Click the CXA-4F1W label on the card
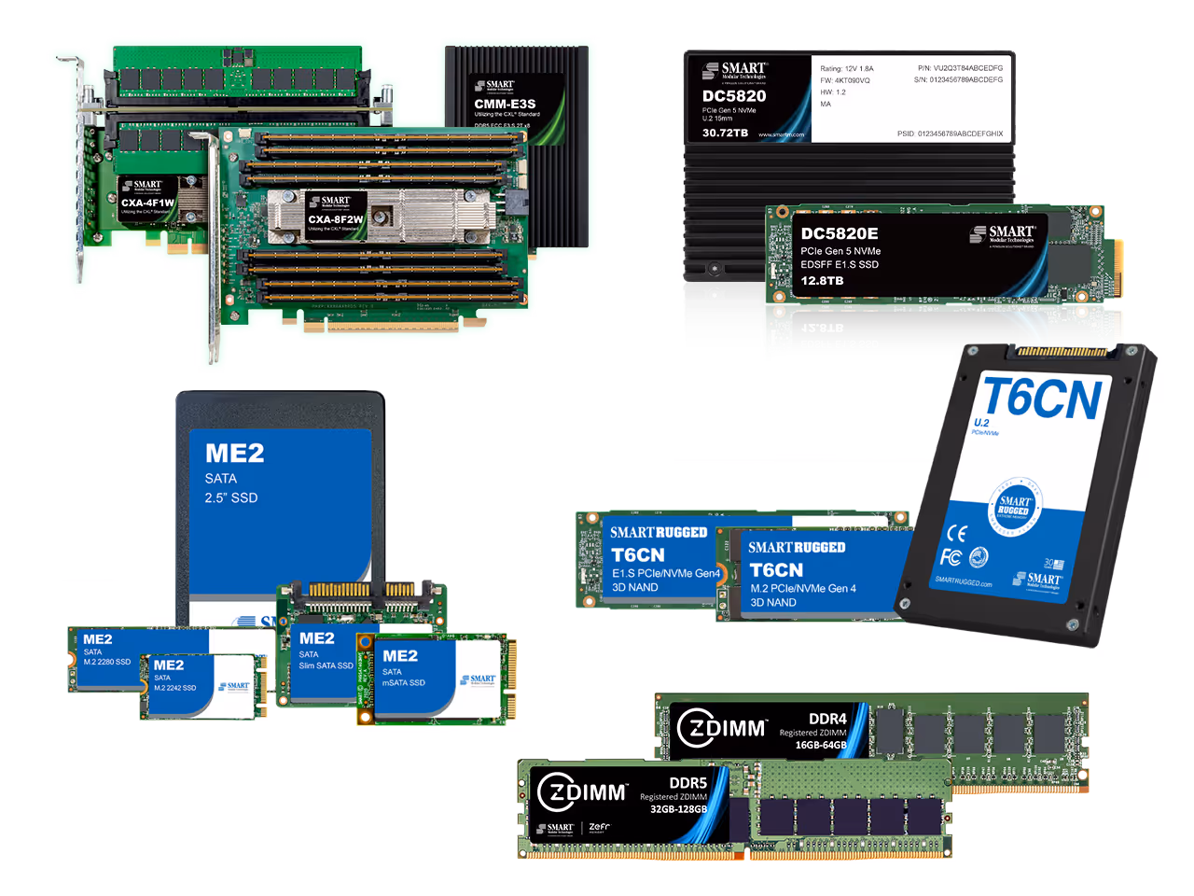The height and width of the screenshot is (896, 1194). coord(147,203)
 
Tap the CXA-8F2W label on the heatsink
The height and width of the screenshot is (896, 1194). coord(336,219)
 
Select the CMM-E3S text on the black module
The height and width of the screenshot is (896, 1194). coord(505,104)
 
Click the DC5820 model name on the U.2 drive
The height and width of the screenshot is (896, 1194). coord(734,96)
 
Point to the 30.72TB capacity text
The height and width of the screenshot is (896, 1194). coord(725,133)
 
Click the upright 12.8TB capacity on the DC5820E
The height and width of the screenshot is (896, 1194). coord(822,280)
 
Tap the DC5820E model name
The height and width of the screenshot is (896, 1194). coord(840,233)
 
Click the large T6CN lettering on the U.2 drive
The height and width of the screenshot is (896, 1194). coord(1043,399)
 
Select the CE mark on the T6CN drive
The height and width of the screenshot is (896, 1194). coord(956,533)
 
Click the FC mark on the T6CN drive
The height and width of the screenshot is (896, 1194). coord(951,557)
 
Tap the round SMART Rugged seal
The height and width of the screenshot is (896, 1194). coord(1014,505)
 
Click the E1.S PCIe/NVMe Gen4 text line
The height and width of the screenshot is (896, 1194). coord(666,573)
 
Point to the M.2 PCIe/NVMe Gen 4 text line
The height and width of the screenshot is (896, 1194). coord(803,588)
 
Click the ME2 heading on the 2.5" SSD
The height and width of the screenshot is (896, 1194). coord(234,454)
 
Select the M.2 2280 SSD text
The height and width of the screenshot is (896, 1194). coord(107,662)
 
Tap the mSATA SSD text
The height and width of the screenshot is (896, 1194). coord(403,682)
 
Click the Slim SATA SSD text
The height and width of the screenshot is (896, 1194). coord(326,665)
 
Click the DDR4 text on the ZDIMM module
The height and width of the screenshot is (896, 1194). coord(827,718)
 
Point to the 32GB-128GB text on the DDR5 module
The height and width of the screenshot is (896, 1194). coord(678,809)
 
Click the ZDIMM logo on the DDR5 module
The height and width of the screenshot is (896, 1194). coord(583,792)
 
